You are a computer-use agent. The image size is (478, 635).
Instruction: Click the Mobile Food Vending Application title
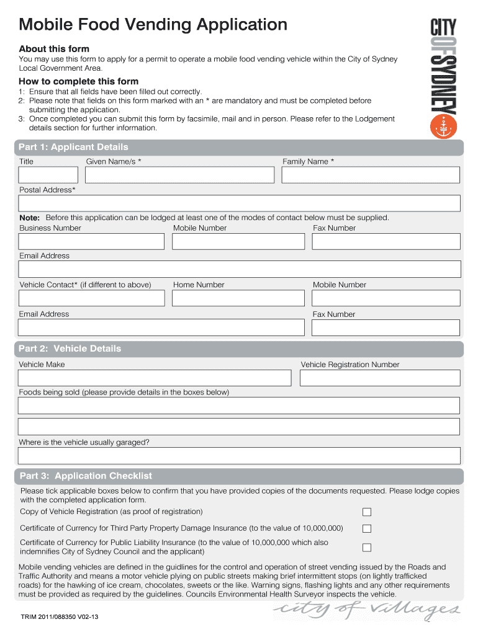(153, 25)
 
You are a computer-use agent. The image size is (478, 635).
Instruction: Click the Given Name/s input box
(179, 175)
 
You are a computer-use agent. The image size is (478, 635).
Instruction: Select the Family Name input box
(371, 175)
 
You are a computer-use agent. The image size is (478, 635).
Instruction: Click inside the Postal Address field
(240, 204)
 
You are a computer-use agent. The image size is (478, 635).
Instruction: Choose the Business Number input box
(91, 242)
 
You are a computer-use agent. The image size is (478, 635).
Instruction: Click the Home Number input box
(238, 298)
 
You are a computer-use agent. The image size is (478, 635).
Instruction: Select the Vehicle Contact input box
(91, 298)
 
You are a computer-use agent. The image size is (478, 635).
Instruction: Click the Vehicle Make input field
(155, 378)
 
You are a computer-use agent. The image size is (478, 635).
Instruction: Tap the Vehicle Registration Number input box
(380, 378)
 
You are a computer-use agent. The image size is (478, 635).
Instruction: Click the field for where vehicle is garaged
(240, 456)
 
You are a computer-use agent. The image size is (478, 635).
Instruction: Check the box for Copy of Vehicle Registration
(367, 512)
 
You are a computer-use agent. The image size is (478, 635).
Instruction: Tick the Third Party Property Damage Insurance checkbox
(367, 529)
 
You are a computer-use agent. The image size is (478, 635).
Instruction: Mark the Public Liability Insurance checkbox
(367, 548)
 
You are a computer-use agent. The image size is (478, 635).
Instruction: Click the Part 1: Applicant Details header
(73, 147)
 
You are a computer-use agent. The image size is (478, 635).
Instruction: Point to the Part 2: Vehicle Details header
(70, 349)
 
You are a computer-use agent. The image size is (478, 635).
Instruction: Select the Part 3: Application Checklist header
(86, 476)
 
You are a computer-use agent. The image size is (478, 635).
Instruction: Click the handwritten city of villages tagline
(367, 611)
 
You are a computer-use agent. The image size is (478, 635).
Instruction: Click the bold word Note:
(29, 218)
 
